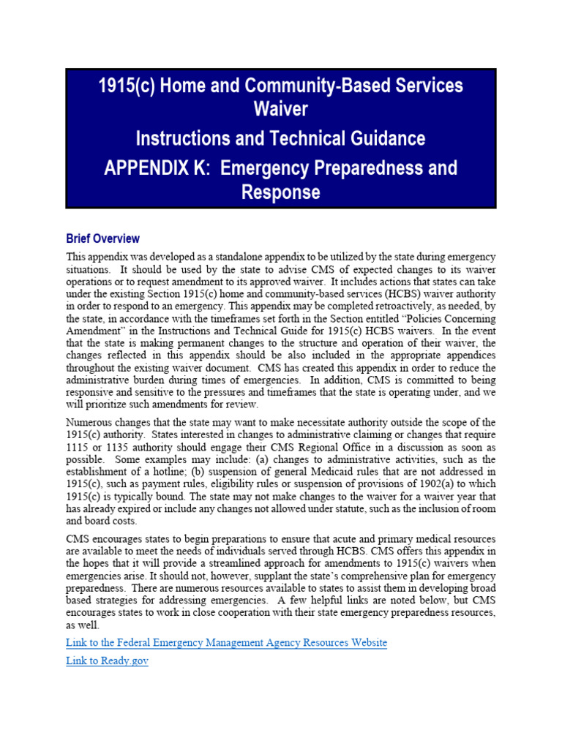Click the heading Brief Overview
(102, 238)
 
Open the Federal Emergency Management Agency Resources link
(226, 642)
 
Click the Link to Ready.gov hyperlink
(107, 663)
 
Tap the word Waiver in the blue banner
(281, 110)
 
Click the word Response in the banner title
(281, 192)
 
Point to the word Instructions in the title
(186, 138)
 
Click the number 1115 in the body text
(78, 448)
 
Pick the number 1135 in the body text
(116, 448)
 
